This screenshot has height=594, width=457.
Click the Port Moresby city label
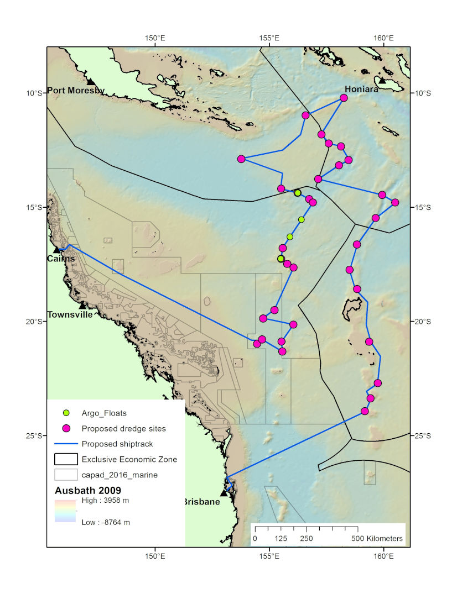(x=76, y=91)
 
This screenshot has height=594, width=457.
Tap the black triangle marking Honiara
(x=382, y=81)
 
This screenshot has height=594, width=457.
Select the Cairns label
(x=61, y=259)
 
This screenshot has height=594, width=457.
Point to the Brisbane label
(x=201, y=502)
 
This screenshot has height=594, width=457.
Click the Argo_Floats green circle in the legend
(x=66, y=412)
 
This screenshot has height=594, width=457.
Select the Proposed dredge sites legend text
(x=123, y=428)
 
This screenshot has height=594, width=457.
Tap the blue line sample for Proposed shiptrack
(x=66, y=444)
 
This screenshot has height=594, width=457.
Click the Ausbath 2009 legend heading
(x=88, y=490)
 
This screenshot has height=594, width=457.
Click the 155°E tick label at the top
(x=269, y=38)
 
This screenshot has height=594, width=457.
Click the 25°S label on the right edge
(x=422, y=436)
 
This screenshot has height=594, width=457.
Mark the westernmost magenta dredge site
(x=241, y=159)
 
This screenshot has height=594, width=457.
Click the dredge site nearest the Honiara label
(x=344, y=98)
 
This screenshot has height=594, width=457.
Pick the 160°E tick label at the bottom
(x=383, y=555)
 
